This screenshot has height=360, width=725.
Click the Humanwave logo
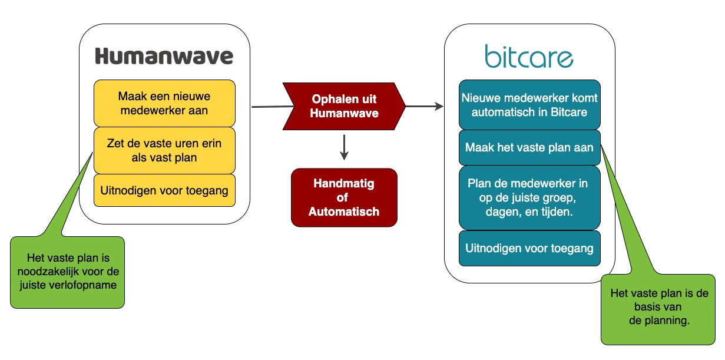164,56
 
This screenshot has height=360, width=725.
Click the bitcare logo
529,57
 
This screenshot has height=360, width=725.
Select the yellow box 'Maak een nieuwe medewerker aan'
164,103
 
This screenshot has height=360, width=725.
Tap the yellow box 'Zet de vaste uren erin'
164,150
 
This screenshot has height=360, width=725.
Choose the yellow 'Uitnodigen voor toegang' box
164,190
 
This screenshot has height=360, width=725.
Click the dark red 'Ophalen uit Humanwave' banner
344,106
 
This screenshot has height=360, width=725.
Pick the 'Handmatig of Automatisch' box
344,197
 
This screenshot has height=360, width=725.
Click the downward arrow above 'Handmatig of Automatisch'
344,147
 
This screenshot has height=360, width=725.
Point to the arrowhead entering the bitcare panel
439,106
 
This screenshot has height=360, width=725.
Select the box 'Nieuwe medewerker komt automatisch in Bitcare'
529,105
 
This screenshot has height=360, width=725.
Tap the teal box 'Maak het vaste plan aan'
529,148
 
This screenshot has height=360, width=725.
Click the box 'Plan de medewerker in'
529,198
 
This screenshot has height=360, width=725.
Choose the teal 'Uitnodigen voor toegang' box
529,248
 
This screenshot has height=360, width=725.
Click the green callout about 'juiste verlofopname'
67,272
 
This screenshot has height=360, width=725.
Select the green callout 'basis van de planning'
658,309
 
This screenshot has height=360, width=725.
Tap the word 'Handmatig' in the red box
344,183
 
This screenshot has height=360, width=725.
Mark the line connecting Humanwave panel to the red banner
273,107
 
